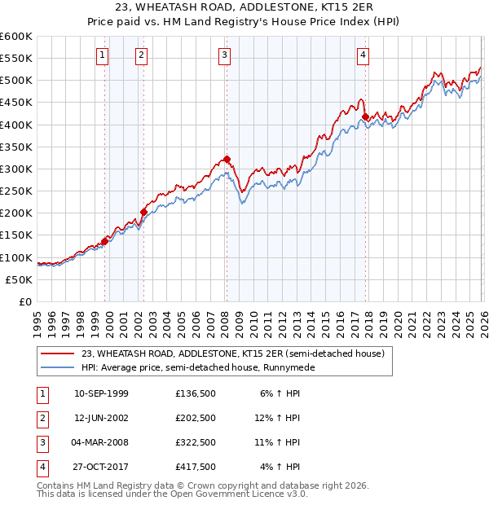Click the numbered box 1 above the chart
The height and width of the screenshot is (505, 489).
coord(103,55)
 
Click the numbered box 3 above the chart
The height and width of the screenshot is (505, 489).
coord(224,55)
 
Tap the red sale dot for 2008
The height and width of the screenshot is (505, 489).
coord(227,160)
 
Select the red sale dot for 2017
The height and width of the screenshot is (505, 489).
coord(365,117)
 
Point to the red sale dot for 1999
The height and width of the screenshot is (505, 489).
coord(105,241)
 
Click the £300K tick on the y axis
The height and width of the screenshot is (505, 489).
coord(16,169)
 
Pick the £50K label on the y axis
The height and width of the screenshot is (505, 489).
coord(20,279)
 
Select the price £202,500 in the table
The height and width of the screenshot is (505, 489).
coord(196,418)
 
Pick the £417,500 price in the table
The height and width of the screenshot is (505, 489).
coord(196,467)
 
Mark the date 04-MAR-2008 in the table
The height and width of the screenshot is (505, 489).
coord(101,442)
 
